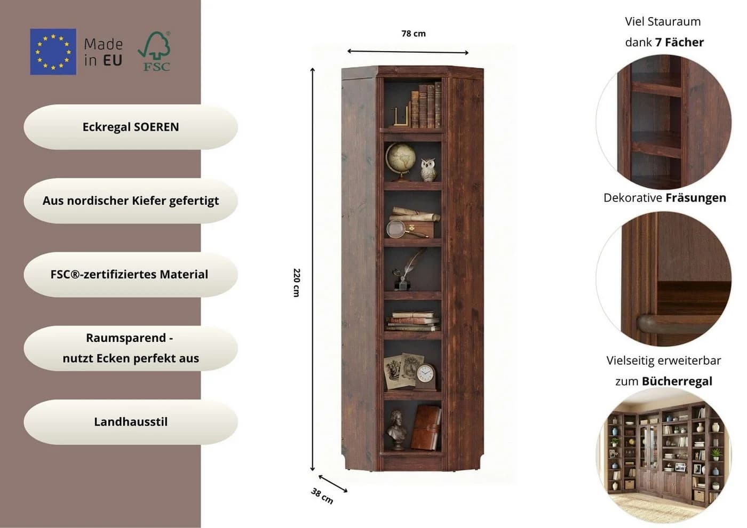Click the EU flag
coord(53,52)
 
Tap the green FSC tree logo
coord(154,51)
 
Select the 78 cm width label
coord(414,34)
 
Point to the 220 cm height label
coord(297,283)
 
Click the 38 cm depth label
coord(322,496)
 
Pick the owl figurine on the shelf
coord(428,170)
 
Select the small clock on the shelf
coord(426,377)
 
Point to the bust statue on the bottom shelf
coord(396,431)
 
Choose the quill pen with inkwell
coord(406,270)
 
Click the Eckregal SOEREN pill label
coord(131,127)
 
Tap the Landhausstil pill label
coord(131,422)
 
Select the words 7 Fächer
coord(679,42)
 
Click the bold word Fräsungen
coord(696,198)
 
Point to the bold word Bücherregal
coord(677,381)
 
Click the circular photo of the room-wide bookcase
coord(664,454)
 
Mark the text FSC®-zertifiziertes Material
coord(129,275)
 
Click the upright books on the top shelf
coord(426,106)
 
